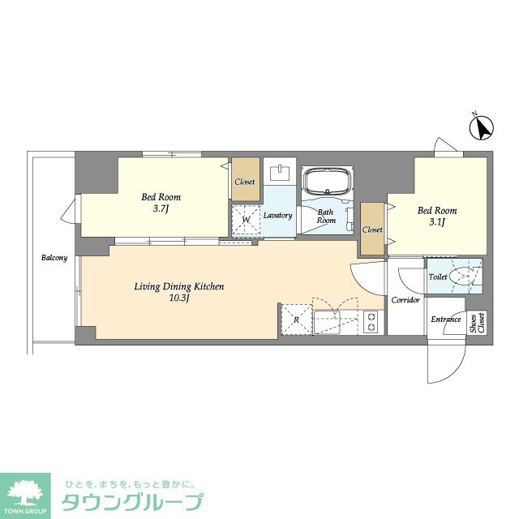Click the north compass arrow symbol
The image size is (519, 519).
coord(481,127)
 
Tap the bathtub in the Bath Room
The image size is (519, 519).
coord(328,182)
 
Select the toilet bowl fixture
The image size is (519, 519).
coord(463,276)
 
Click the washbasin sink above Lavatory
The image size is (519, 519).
coord(280,173)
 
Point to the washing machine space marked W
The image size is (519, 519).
coord(246,220)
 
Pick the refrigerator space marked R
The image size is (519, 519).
coord(296,320)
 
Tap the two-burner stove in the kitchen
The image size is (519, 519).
coord(371,322)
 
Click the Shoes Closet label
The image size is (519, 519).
coord(478,323)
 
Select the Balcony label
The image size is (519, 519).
coord(54,258)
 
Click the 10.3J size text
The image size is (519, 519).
coord(179,298)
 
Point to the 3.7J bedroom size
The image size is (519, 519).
coord(161,209)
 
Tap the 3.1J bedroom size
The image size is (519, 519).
coord(436,222)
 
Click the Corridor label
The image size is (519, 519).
coord(405,300)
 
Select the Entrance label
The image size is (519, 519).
coord(446,319)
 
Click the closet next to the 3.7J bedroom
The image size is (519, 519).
coord(245,179)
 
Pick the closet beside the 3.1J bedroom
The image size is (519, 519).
coord(372,229)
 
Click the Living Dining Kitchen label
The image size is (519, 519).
coord(179,286)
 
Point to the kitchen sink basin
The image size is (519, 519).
coord(327,323)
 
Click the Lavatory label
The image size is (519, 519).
coord(277,215)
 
